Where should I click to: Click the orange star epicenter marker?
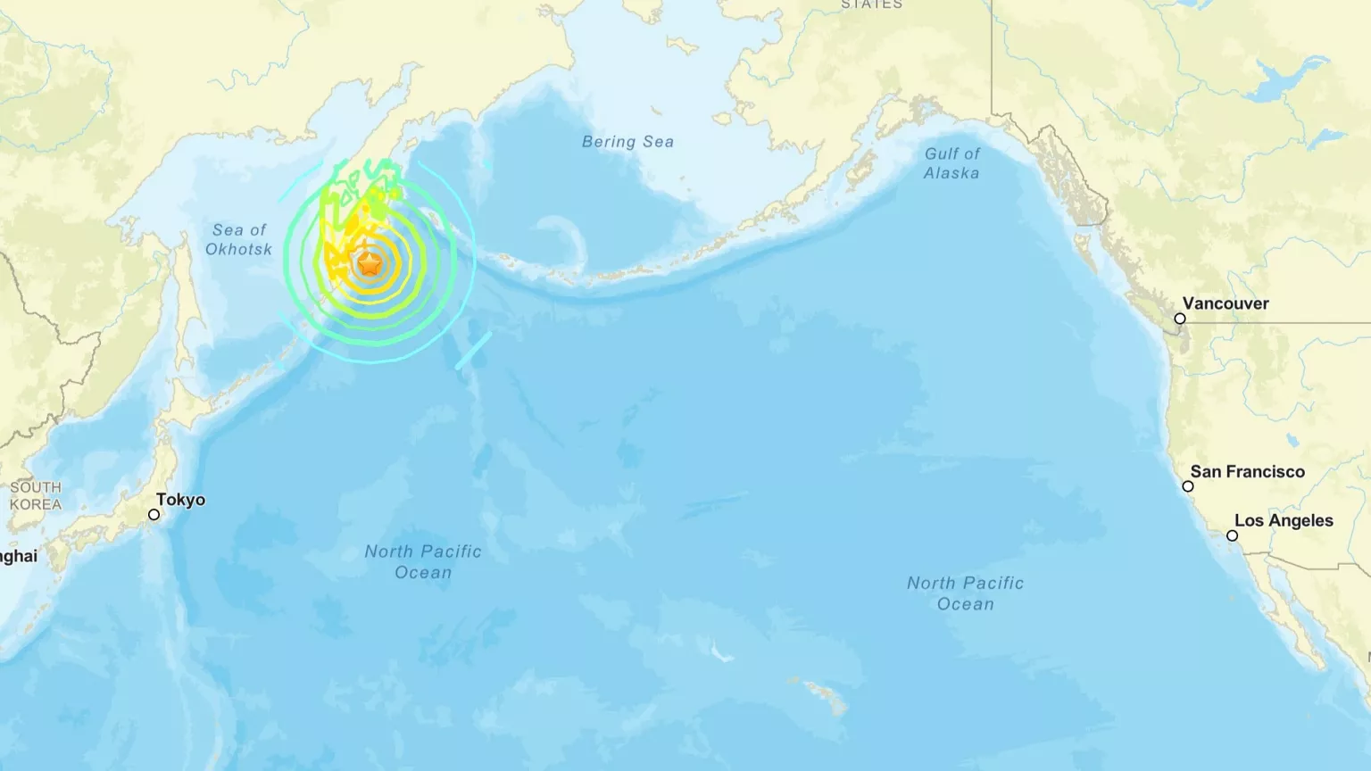370,263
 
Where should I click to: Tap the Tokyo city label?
180,500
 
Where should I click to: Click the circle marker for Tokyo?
154,515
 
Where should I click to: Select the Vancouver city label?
1226,303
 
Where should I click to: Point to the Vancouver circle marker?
1180,319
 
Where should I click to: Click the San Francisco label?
1247,472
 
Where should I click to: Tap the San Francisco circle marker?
1188,486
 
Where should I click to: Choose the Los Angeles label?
1284,521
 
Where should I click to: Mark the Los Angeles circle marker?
1232,535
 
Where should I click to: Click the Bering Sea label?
627,142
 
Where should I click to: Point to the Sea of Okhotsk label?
238,239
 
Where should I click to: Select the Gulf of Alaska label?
951,163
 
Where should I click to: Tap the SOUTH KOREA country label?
36,495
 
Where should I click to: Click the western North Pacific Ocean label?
423,561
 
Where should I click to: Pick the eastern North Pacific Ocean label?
965,593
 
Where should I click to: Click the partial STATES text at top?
871,4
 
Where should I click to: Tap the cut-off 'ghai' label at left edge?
18,556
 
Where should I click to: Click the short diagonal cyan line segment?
474,350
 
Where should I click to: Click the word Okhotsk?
238,249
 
